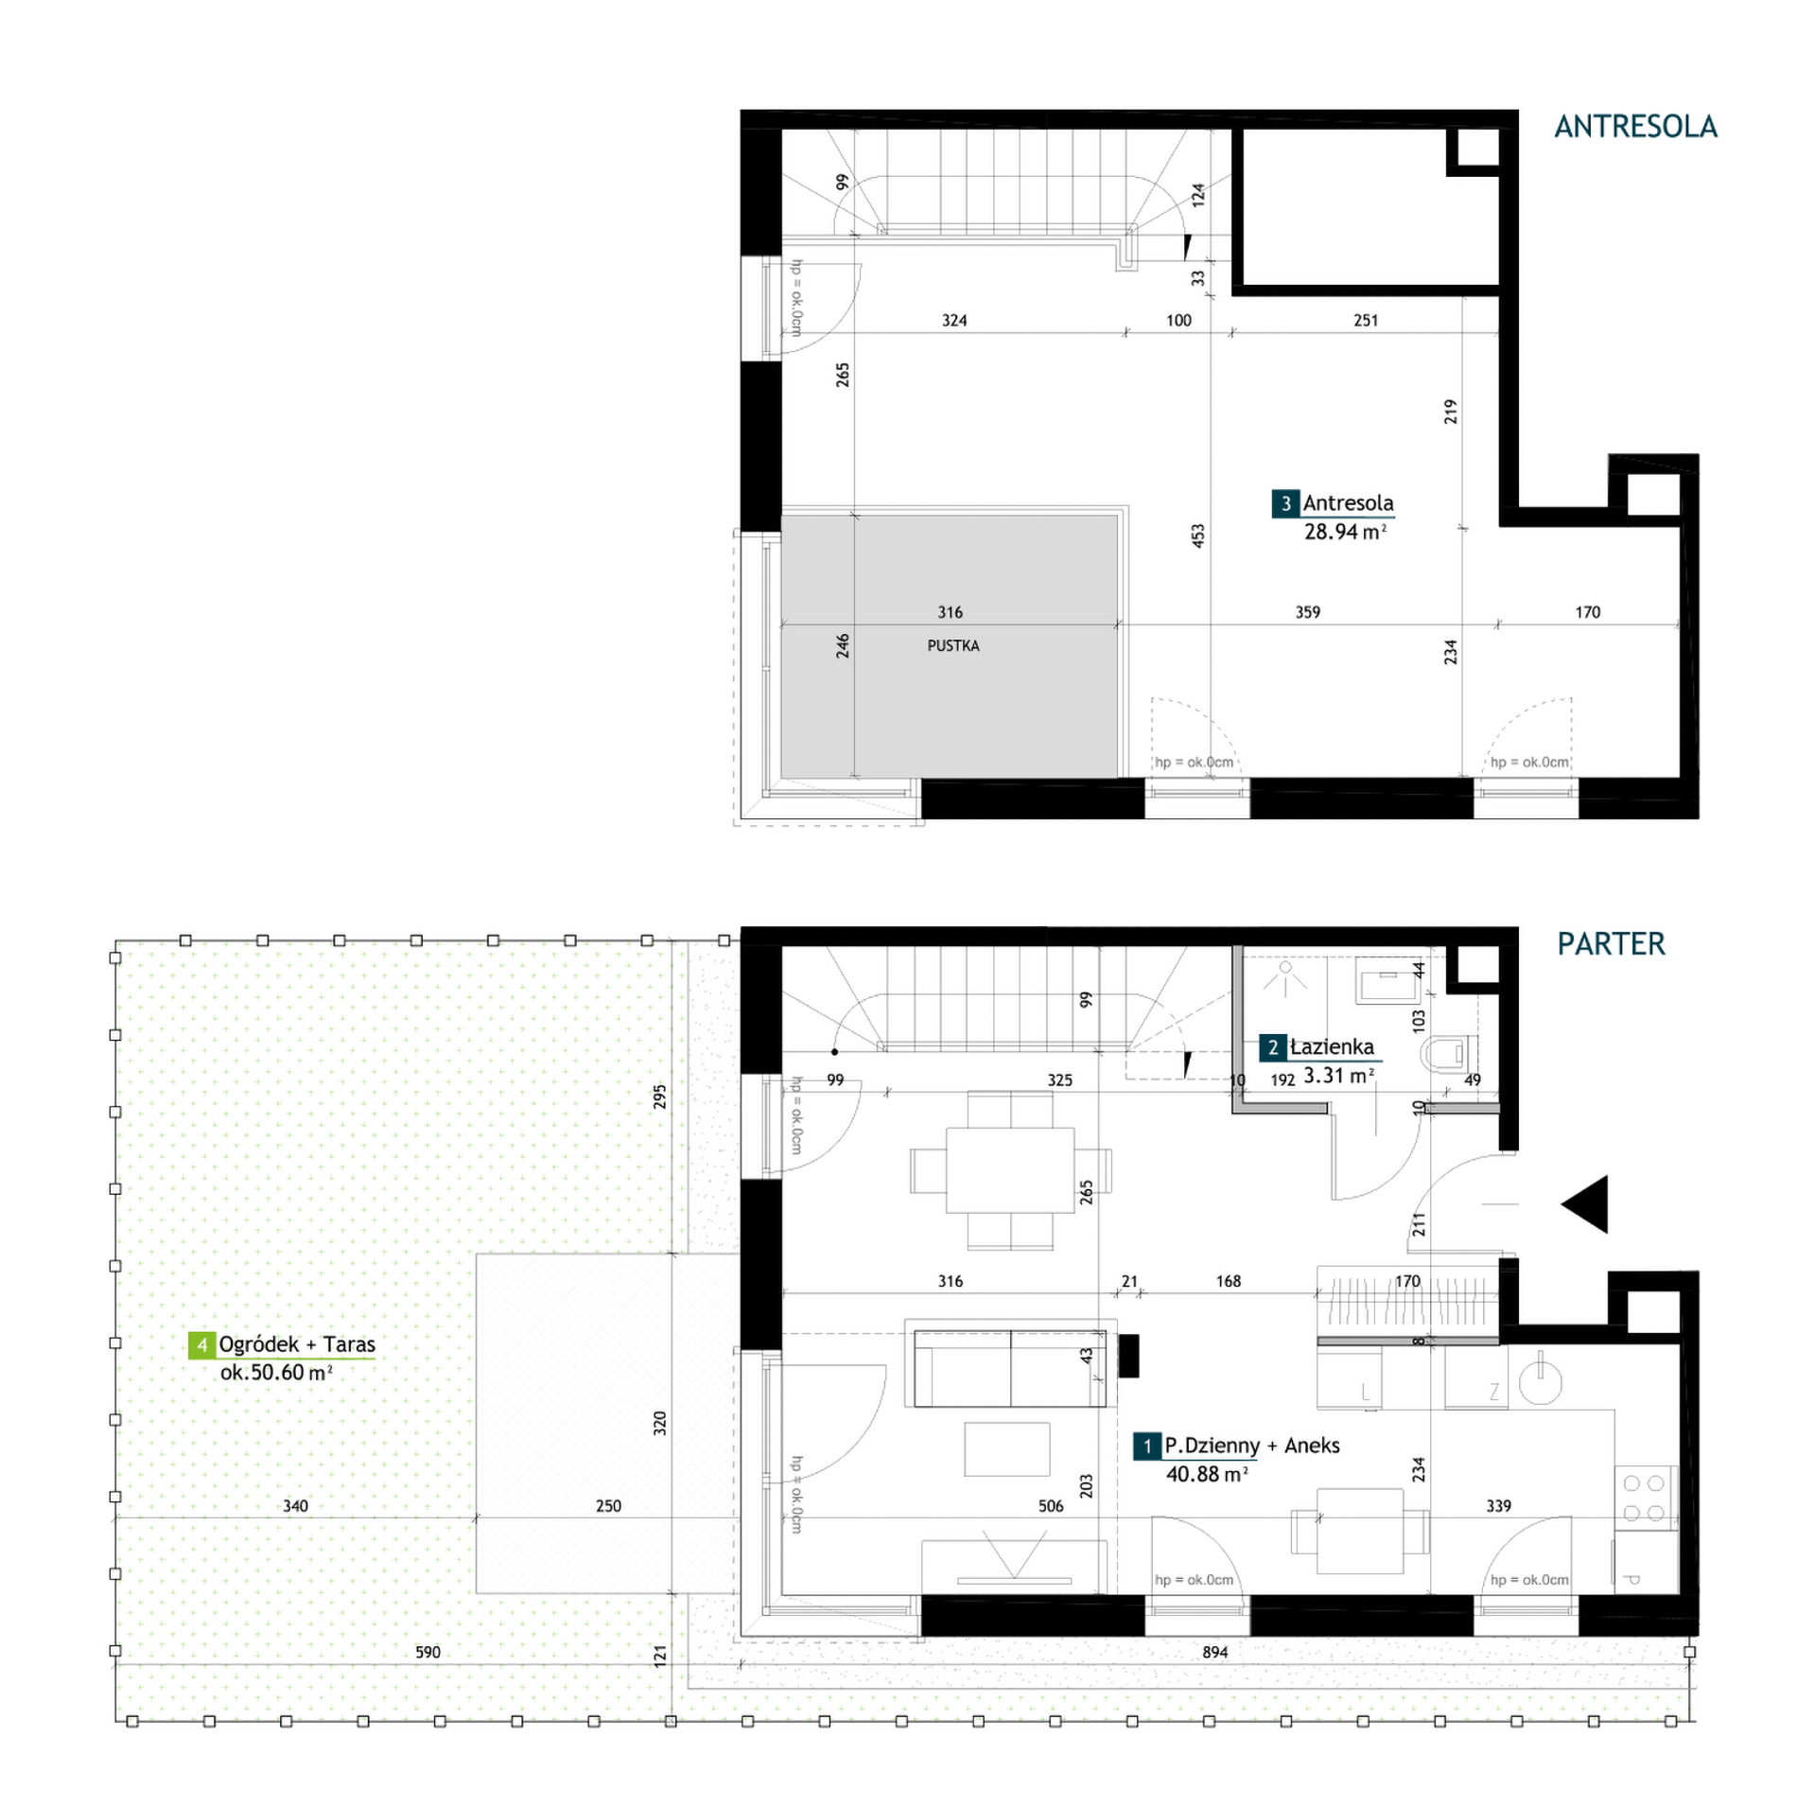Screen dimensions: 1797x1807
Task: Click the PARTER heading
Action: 1611,944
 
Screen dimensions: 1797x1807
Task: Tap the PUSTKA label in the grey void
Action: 952,646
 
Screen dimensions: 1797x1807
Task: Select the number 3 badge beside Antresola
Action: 1285,503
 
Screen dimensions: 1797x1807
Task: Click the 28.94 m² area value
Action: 1345,532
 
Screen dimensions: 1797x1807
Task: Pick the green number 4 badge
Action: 201,1344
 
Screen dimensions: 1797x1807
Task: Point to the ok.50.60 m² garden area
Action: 276,1373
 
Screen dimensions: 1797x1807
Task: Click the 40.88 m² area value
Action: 1207,1474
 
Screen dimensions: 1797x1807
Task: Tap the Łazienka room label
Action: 1332,1046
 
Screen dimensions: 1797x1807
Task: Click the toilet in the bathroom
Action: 1450,1053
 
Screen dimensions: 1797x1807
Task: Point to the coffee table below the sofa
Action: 1007,1449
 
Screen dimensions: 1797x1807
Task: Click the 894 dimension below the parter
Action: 1215,1652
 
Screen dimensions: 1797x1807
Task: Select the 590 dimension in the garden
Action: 427,1652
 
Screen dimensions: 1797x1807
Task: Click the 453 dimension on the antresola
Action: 1198,536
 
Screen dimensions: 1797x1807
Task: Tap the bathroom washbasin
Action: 1387,979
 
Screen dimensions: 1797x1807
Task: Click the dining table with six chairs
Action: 1010,1170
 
